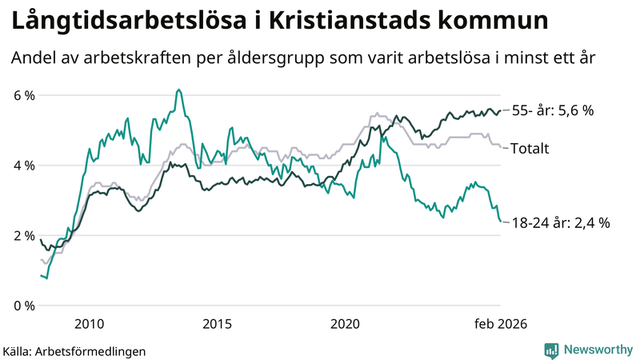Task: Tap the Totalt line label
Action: (x=529, y=148)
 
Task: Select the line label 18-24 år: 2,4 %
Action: (x=560, y=223)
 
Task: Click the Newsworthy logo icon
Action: (x=551, y=350)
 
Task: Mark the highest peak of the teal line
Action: (x=178, y=90)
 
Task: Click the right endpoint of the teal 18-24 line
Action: (x=501, y=222)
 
